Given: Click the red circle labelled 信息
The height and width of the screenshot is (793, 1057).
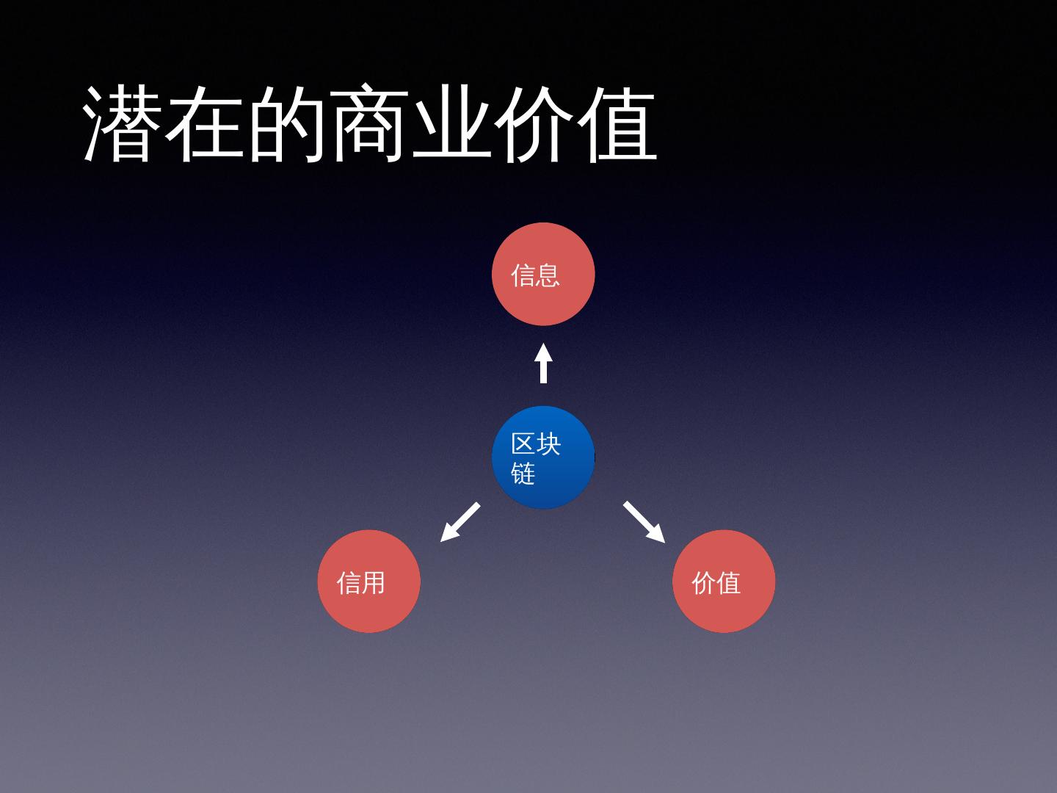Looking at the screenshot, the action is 543,274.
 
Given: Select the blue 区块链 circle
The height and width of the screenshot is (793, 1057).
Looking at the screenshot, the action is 543,457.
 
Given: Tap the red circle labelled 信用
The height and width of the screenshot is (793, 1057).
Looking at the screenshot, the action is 368,581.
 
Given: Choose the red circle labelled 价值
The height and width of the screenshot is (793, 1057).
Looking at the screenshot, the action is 724,581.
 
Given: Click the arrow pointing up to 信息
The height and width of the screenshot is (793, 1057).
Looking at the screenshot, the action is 543,363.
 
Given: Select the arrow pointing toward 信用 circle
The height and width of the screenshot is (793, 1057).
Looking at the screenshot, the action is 460,522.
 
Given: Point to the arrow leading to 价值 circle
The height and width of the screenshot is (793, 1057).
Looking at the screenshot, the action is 644,522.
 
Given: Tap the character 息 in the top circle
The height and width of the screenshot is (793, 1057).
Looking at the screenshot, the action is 548,275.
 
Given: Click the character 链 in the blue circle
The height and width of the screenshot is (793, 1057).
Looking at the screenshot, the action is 523,474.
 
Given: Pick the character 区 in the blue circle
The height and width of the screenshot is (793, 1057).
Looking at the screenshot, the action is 523,443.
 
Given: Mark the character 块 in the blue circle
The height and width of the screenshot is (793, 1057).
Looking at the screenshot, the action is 548,443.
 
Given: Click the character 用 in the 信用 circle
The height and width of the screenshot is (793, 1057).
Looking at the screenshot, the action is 374,583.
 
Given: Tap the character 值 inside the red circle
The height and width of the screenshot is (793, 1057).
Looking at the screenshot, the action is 728,583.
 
